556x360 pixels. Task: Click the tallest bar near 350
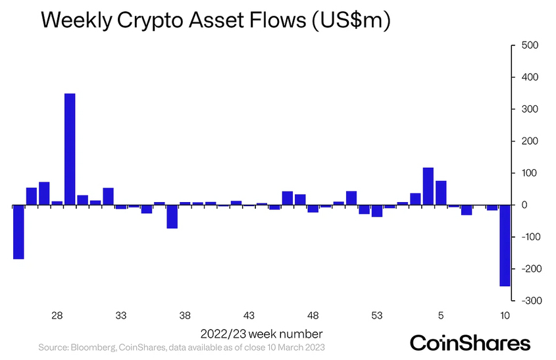pos(70,149)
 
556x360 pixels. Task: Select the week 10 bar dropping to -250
pos(505,245)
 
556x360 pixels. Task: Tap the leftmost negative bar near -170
pos(18,232)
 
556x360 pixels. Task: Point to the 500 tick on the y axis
pos(529,45)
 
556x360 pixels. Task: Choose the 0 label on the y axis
pos(524,205)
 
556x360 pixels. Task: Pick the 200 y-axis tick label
pos(529,141)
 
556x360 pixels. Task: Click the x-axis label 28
pos(57,315)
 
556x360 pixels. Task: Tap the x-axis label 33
pos(121,315)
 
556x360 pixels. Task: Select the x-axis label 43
pos(249,315)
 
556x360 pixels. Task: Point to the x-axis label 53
pos(377,315)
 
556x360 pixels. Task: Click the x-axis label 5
pos(441,315)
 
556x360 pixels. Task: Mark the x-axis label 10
pos(505,315)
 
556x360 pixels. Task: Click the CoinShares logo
pos(470,343)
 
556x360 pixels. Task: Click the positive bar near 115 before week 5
pos(428,186)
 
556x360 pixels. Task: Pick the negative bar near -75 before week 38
pos(172,217)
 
